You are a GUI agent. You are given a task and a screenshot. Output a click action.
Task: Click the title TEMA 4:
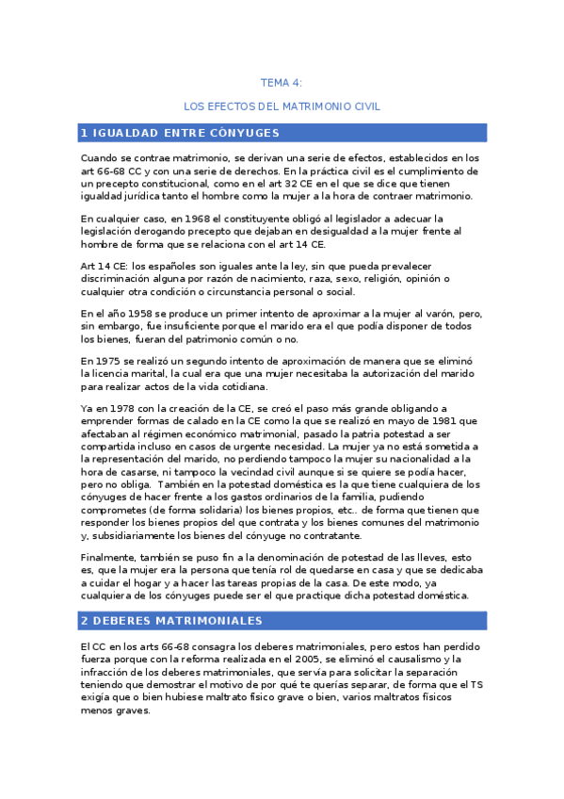click(x=282, y=83)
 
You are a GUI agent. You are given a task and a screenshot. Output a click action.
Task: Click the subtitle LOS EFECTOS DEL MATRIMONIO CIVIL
click(x=282, y=106)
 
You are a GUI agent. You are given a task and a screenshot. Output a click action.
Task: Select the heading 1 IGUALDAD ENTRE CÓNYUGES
click(x=181, y=132)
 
